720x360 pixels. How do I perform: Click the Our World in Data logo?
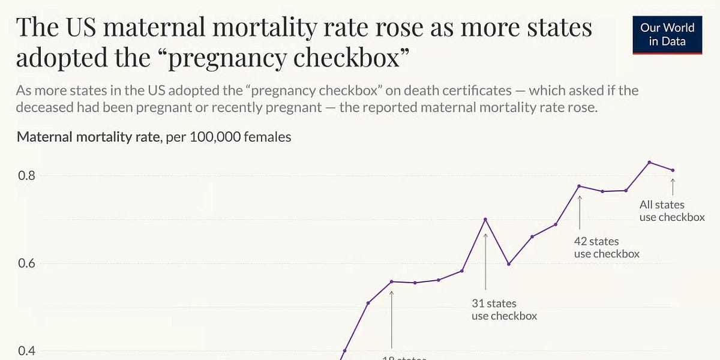[x=667, y=35]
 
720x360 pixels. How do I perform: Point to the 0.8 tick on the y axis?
[x=27, y=176]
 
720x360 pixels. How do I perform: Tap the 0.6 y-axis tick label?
[x=27, y=263]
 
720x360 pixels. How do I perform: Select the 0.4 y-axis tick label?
[x=27, y=351]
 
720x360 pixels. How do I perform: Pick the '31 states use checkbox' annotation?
[x=504, y=310]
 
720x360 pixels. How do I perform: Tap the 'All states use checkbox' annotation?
[x=671, y=211]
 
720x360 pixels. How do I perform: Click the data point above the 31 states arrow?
[x=485, y=219]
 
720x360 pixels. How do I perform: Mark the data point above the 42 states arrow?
[x=580, y=186]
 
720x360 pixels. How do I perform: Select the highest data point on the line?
[x=649, y=162]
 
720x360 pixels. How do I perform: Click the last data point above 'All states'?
[x=673, y=170]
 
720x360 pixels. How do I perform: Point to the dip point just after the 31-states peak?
[x=509, y=264]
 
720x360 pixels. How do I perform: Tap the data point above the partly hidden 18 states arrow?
[x=391, y=281]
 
